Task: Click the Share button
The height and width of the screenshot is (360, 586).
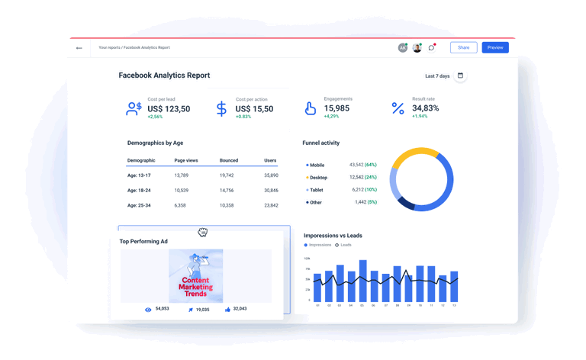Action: tap(463, 47)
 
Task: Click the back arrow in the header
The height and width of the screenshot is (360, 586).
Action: tap(79, 48)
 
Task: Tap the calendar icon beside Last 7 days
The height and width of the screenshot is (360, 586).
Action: tap(460, 76)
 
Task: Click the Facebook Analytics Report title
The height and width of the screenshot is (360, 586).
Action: tap(164, 76)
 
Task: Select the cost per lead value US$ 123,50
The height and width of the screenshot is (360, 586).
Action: tap(169, 109)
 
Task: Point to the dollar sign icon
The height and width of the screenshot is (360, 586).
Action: tap(221, 109)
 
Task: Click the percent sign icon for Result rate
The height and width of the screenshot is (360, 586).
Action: tap(398, 109)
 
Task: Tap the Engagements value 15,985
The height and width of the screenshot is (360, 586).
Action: tap(336, 108)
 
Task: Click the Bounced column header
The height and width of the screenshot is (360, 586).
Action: tap(229, 160)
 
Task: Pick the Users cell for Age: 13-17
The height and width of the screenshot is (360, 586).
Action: tap(271, 175)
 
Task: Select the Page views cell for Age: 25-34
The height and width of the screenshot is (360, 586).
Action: tap(180, 205)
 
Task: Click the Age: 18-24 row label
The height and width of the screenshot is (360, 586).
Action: tap(139, 190)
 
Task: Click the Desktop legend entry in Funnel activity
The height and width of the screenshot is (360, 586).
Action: tap(317, 178)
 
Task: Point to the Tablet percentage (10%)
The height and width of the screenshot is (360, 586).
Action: tap(370, 190)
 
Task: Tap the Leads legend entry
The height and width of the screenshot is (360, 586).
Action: tap(345, 245)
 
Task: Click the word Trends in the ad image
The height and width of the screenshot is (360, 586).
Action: tap(195, 294)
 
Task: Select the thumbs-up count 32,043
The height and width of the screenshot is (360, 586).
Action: tap(240, 309)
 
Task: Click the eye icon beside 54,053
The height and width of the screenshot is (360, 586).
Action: tap(148, 310)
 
